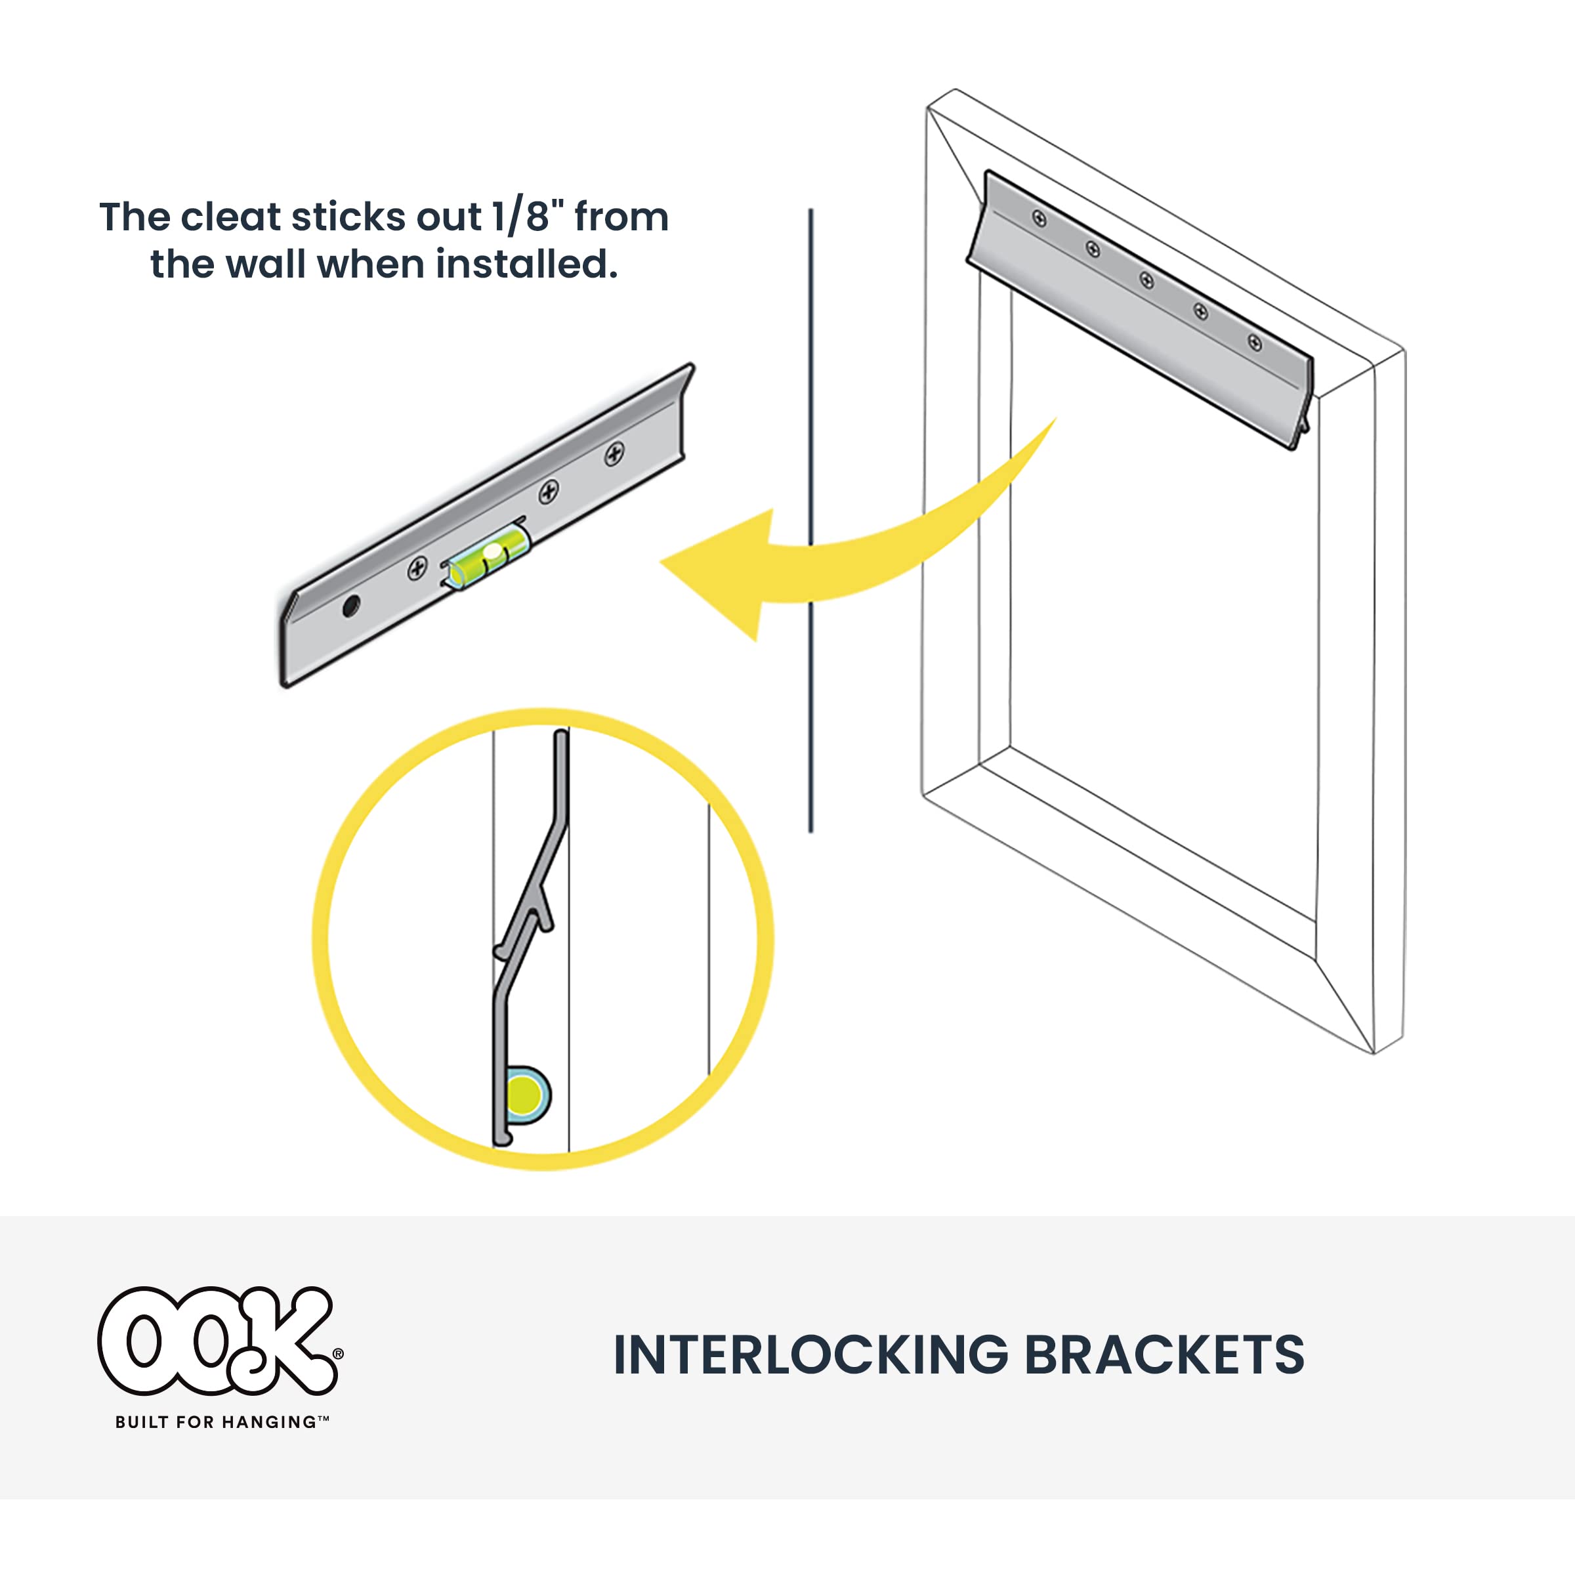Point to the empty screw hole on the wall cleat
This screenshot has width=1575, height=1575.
[x=351, y=606]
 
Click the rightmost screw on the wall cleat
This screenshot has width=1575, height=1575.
[x=614, y=454]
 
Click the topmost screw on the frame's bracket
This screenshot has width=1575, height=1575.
[x=1039, y=219]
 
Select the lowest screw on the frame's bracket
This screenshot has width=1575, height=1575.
[x=1255, y=343]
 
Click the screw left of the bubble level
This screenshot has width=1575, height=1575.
[x=417, y=568]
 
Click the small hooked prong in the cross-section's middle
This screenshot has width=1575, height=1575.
[x=545, y=911]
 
